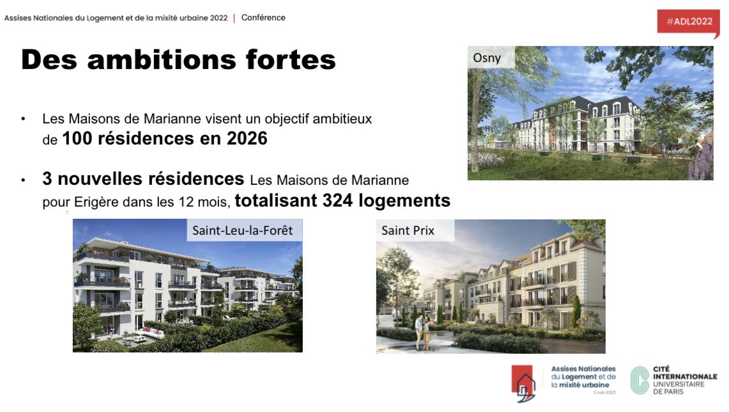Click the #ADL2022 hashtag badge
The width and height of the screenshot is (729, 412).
689,21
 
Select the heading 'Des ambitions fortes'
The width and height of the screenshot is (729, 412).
178,60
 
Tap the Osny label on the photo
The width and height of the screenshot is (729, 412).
487,58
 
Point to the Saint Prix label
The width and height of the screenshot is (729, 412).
408,230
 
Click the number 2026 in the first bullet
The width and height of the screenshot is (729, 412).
247,138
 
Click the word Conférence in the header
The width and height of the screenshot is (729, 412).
263,18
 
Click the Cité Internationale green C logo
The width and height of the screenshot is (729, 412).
639,379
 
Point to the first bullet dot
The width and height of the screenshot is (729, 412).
24,120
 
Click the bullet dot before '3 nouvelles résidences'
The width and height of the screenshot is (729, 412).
24,181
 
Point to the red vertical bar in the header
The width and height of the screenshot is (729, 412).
234,18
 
